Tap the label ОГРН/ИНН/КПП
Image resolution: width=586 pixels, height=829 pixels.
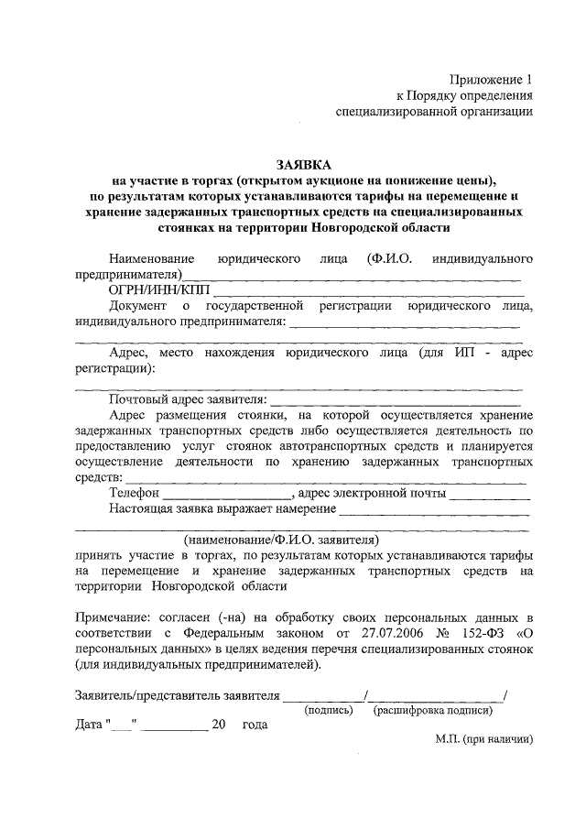tap(158, 289)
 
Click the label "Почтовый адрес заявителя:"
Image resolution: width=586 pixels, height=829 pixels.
tap(188, 398)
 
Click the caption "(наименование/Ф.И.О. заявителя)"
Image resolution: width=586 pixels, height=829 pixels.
tap(280, 540)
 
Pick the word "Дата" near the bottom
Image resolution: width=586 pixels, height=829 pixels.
tap(90, 725)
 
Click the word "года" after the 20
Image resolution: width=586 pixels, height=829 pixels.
tap(255, 725)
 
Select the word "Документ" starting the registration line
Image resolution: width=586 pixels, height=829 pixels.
tap(137, 305)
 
